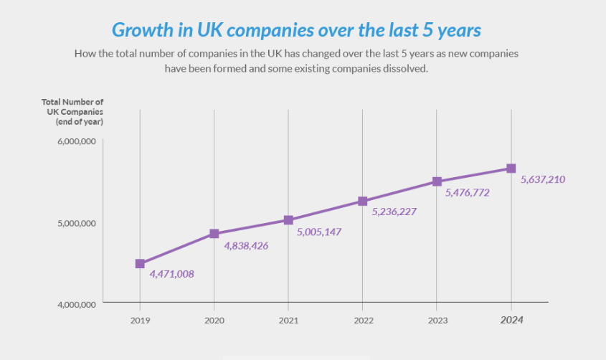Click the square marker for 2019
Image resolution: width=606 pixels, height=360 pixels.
tap(140, 264)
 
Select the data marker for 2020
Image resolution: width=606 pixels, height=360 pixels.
tap(214, 234)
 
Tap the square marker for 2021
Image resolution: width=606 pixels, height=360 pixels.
tap(288, 220)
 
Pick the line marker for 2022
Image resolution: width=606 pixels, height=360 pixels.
tap(363, 202)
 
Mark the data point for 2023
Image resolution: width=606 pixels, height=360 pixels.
tap(437, 182)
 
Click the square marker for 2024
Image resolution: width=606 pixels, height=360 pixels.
tap(511, 169)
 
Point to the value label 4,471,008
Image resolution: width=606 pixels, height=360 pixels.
tap(172, 274)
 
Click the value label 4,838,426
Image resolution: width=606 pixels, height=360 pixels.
tap(246, 245)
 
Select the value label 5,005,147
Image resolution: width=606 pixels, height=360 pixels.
tap(320, 232)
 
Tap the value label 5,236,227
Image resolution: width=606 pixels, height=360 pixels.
tap(394, 212)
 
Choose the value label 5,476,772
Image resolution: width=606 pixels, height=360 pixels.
tap(468, 193)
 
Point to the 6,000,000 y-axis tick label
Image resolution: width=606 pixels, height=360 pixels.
tap(76, 141)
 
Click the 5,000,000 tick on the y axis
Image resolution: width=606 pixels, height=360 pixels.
tap(76, 223)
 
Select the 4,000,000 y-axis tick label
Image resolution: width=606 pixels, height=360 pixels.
tap(76, 305)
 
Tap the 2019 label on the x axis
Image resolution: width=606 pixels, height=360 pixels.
tap(140, 321)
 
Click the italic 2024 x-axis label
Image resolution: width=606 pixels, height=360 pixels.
tap(511, 321)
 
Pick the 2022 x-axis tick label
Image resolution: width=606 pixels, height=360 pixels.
tap(363, 321)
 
